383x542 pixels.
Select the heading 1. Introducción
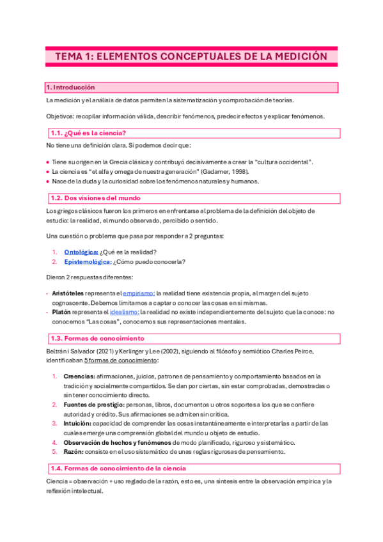[x=70, y=87]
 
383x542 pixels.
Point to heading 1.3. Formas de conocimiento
[x=97, y=337]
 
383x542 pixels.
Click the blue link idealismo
[x=124, y=312]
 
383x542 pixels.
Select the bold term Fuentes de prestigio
[x=94, y=405]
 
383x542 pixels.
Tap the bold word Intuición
[x=78, y=424]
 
